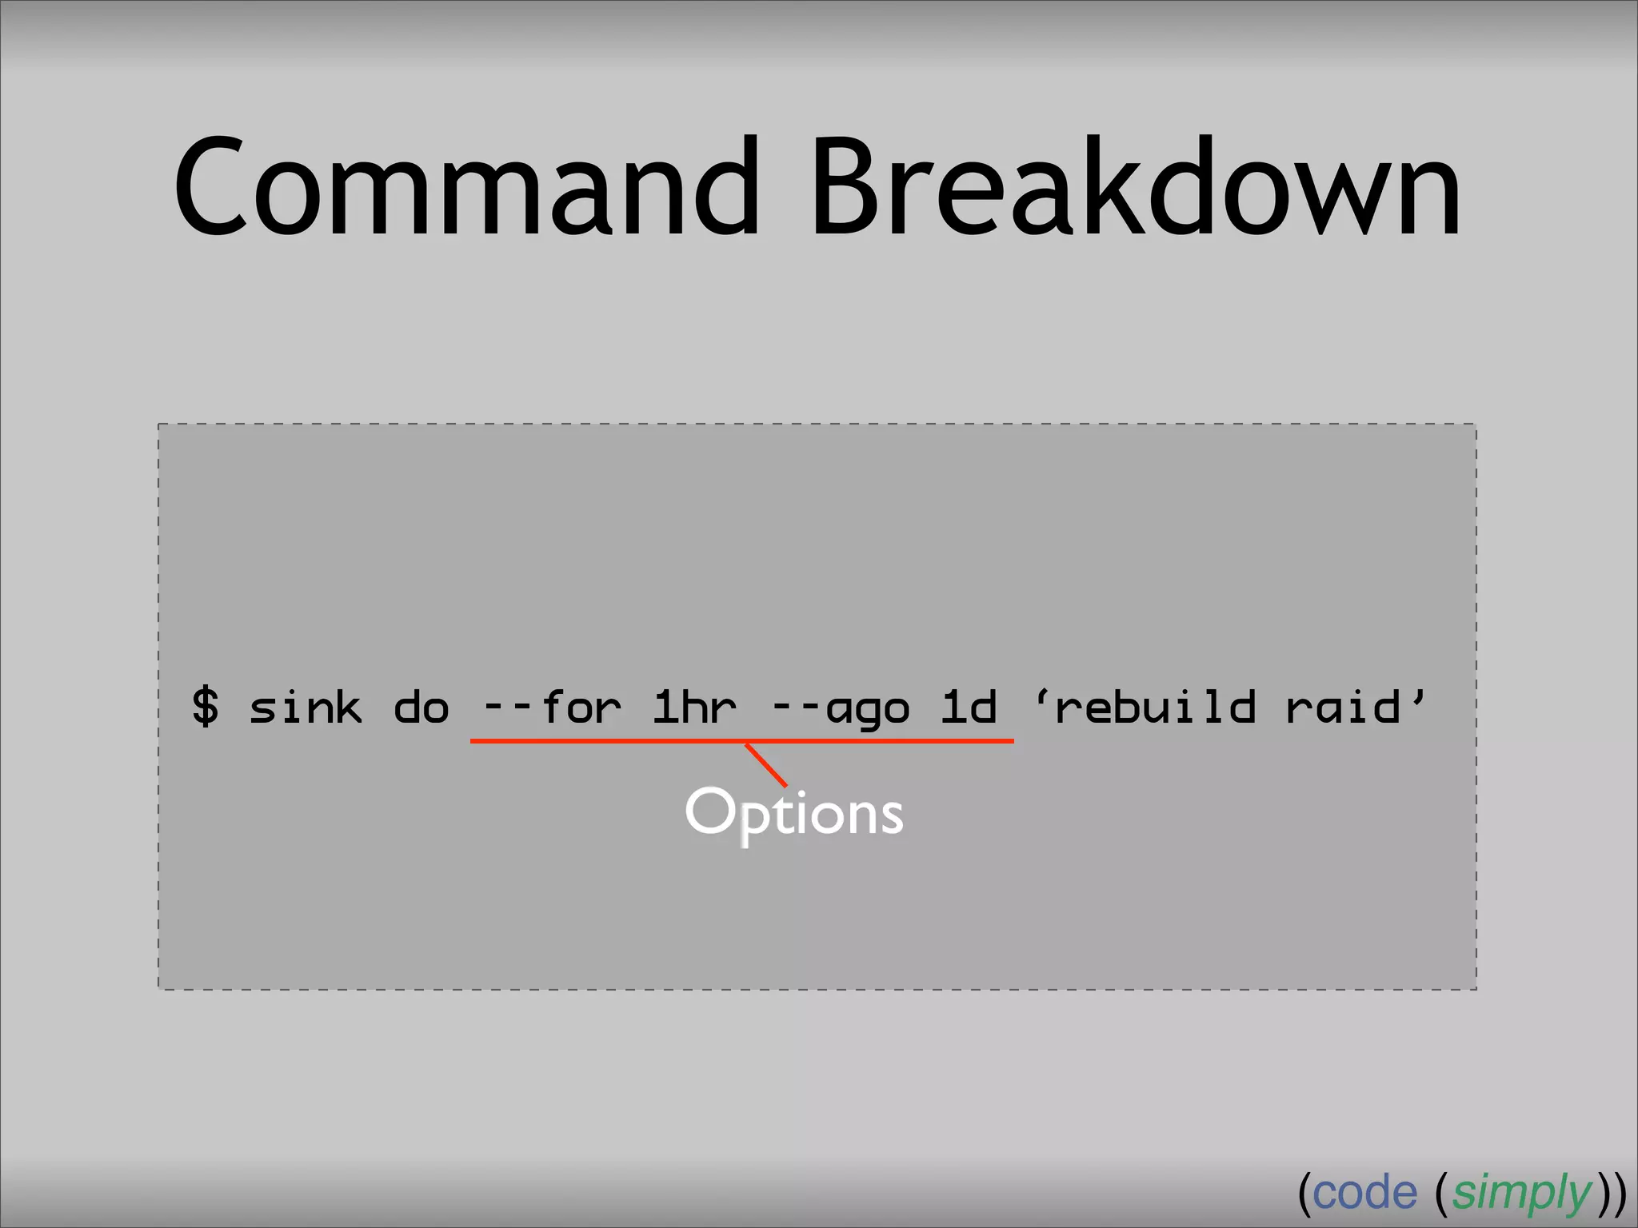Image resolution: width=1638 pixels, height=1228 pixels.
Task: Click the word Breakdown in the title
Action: [1136, 188]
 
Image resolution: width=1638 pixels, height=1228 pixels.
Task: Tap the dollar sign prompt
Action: [205, 706]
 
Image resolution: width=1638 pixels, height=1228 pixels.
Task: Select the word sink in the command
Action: [305, 707]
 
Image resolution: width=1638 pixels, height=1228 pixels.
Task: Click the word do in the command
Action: [421, 708]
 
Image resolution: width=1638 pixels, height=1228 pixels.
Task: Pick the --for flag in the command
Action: [552, 707]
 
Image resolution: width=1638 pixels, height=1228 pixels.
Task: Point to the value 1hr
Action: [694, 707]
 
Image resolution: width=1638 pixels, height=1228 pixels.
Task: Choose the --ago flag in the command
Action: [841, 708]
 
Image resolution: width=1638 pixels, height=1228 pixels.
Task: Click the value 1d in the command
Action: [969, 707]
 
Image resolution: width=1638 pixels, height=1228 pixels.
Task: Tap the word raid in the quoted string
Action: [1343, 707]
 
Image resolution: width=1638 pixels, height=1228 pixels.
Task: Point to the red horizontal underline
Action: [608, 741]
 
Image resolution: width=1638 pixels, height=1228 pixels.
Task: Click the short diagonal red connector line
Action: [766, 764]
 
